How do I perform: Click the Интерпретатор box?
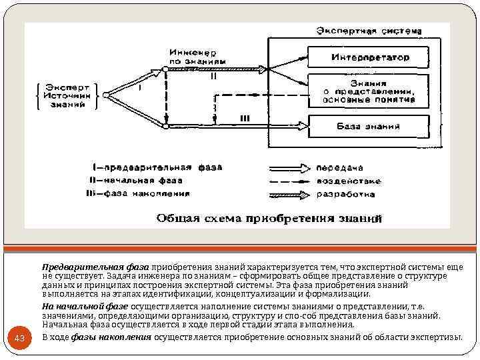[370, 57]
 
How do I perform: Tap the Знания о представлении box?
[370, 91]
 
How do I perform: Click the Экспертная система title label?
[369, 31]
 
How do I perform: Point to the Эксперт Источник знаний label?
[67, 95]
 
